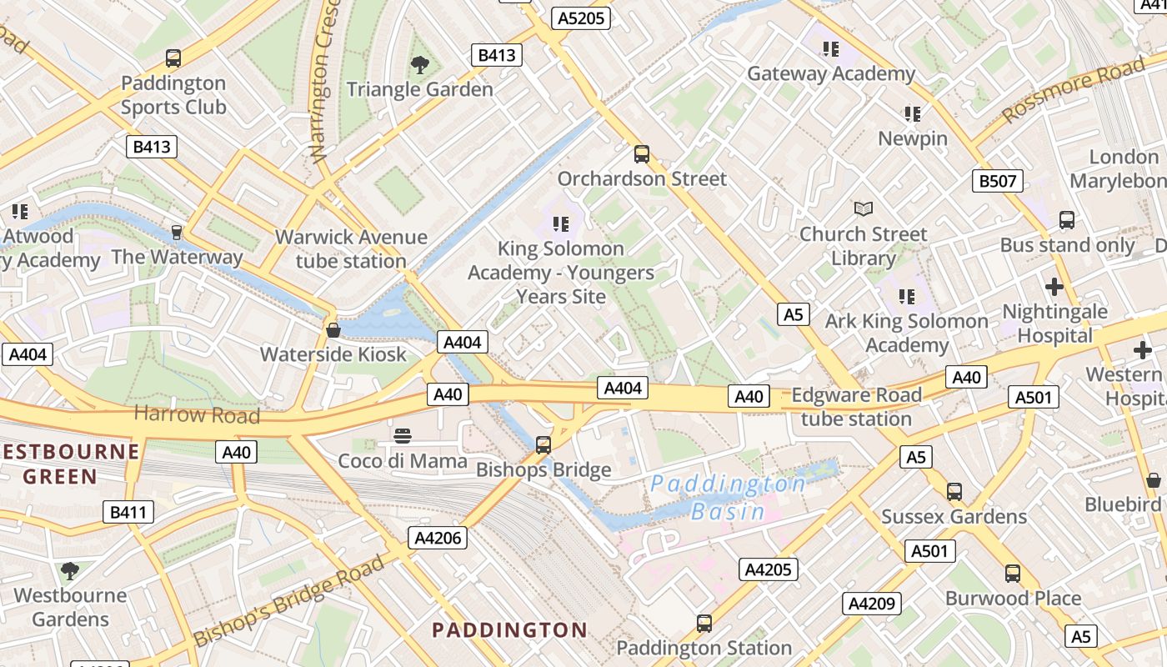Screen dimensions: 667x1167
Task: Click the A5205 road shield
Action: [582, 18]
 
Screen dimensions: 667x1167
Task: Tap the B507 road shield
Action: [997, 181]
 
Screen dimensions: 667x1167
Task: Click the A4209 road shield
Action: [871, 604]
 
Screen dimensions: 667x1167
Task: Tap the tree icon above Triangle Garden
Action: [419, 64]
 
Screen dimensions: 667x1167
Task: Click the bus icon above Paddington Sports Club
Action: [173, 58]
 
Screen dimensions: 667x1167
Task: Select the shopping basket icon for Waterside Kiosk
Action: [333, 330]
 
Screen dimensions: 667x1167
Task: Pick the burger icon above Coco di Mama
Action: [403, 436]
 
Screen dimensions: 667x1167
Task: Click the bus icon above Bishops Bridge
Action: [543, 445]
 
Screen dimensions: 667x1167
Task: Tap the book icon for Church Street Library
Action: [864, 208]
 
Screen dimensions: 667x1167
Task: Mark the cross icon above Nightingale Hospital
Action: [1054, 288]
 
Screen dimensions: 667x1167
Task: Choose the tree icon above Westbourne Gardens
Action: [70, 571]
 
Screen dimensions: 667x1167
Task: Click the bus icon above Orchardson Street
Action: [641, 154]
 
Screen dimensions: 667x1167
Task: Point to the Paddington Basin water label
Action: [728, 497]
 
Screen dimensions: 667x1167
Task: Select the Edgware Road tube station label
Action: [856, 406]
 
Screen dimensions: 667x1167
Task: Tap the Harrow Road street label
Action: [197, 414]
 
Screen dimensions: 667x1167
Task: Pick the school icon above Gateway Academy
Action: [830, 49]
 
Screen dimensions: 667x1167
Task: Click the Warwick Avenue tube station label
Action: [351, 248]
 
